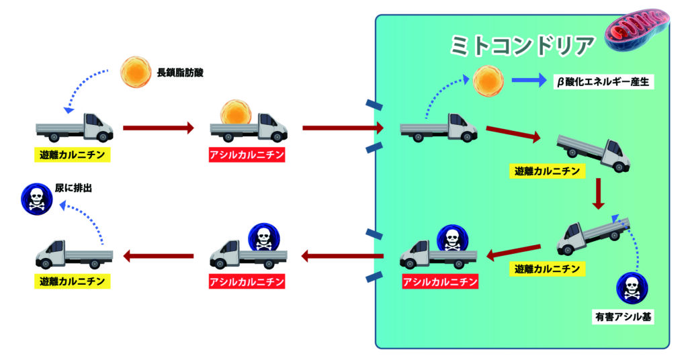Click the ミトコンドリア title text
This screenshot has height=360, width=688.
(x=521, y=46)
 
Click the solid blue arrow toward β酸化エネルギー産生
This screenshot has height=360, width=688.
(x=529, y=81)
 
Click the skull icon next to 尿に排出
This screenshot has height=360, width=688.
(x=35, y=198)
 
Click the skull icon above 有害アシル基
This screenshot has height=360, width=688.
(x=632, y=287)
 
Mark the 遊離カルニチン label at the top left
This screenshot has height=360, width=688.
(x=72, y=155)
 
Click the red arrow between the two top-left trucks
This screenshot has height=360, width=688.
(x=159, y=128)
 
